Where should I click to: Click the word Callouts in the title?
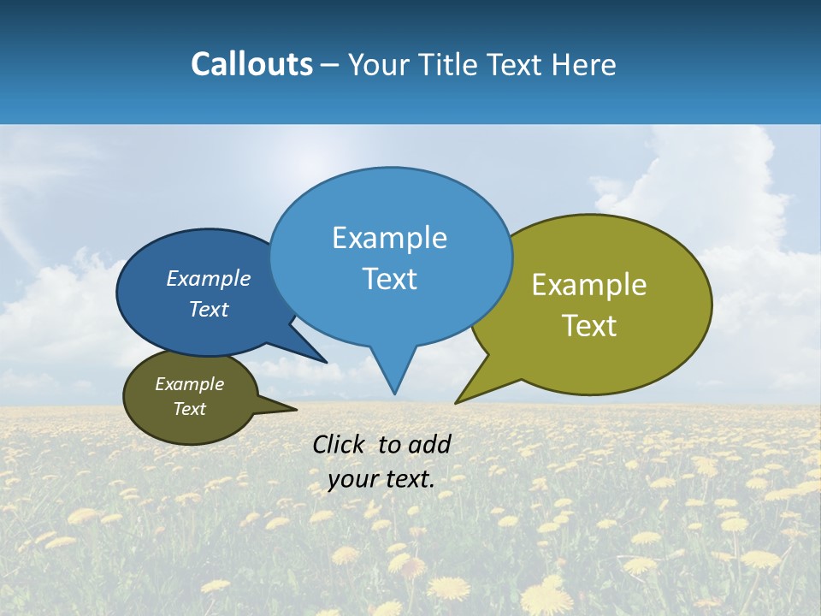click(251, 65)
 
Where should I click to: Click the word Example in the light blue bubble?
click(390, 238)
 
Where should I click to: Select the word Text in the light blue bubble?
click(390, 279)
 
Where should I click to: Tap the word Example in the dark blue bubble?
click(209, 279)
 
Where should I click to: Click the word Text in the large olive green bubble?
click(590, 326)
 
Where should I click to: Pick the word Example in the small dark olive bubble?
click(189, 384)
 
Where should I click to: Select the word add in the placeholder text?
click(428, 444)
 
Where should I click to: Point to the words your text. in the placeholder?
click(381, 479)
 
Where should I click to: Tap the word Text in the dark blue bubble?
click(209, 310)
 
